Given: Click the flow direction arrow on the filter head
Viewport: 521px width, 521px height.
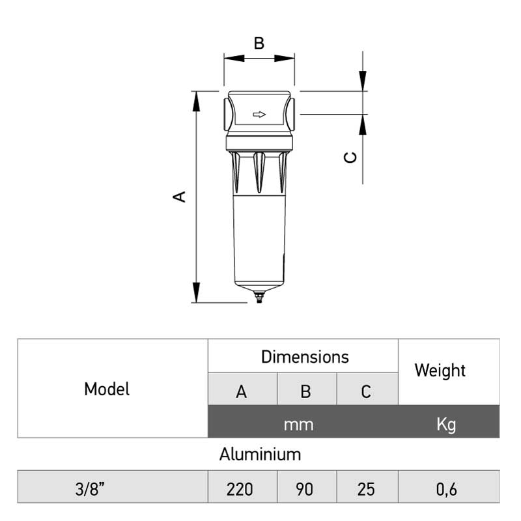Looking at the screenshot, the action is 259,115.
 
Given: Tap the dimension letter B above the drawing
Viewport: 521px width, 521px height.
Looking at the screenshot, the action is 259,43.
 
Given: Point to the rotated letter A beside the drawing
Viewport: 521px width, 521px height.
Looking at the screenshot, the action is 180,197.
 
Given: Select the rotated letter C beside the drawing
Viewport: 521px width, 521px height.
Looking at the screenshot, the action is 350,157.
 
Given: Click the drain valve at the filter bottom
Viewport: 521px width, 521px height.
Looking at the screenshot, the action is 259,297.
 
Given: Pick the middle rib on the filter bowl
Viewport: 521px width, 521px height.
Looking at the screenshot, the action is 259,172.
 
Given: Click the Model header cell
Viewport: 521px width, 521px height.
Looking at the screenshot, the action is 107,389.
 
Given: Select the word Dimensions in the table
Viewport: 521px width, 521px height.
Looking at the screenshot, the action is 305,357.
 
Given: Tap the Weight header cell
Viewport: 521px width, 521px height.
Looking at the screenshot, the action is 449,372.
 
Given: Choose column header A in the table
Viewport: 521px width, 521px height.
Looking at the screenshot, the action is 242,391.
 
